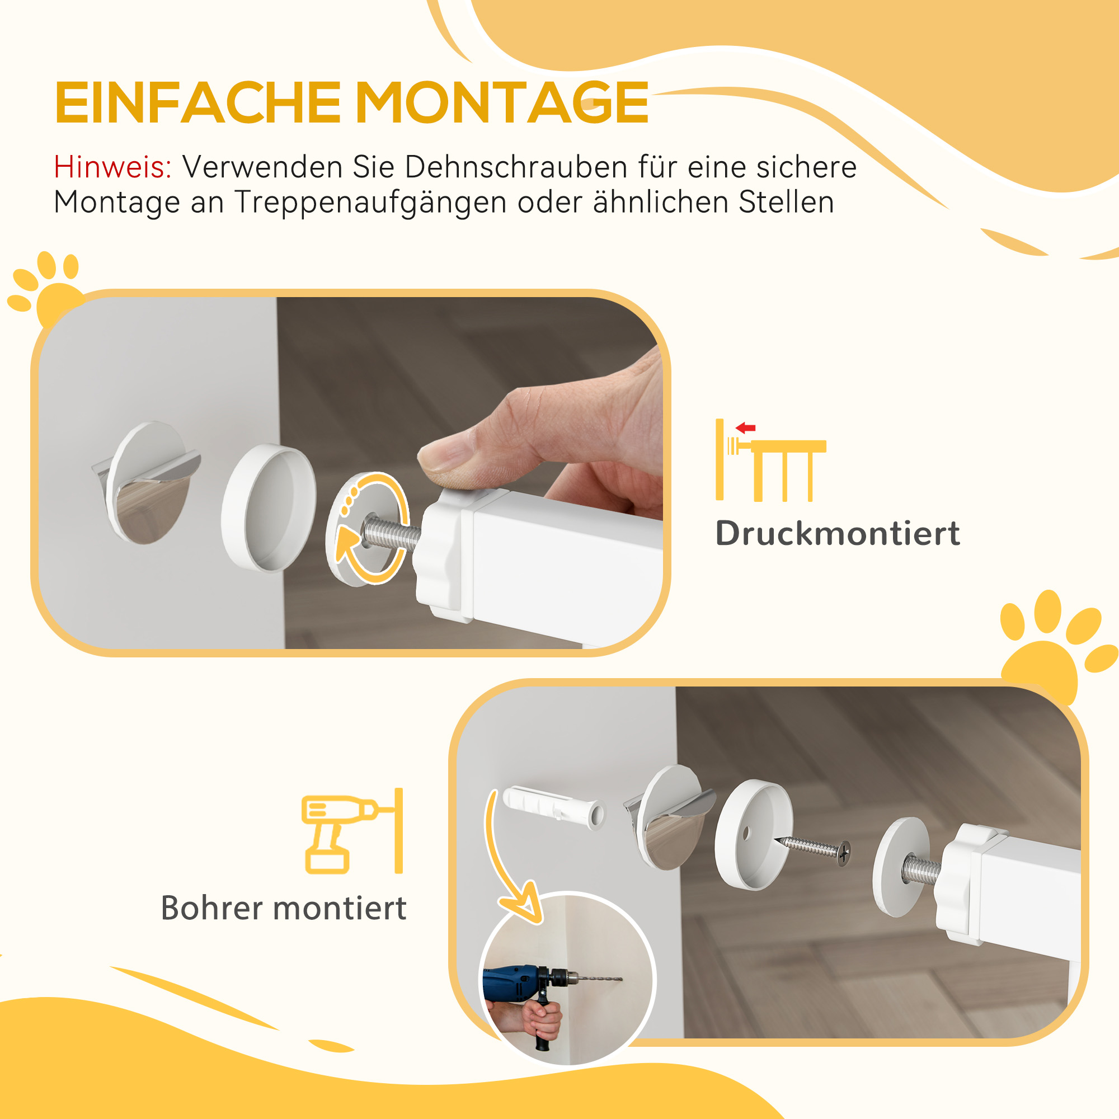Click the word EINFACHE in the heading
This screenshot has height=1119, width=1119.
point(197,103)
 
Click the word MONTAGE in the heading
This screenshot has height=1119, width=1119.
point(501,103)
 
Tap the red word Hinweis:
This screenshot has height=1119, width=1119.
point(112,167)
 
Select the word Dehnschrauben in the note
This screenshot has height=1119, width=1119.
point(515,167)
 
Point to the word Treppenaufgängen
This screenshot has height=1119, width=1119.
point(371,203)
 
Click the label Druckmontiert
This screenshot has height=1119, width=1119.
point(838,533)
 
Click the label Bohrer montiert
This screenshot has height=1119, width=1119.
point(283,908)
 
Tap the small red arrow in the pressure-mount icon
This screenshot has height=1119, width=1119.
point(745,428)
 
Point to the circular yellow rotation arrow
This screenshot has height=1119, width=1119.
point(371,527)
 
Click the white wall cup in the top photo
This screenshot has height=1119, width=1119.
point(269,507)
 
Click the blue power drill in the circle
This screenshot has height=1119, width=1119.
point(521,979)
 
